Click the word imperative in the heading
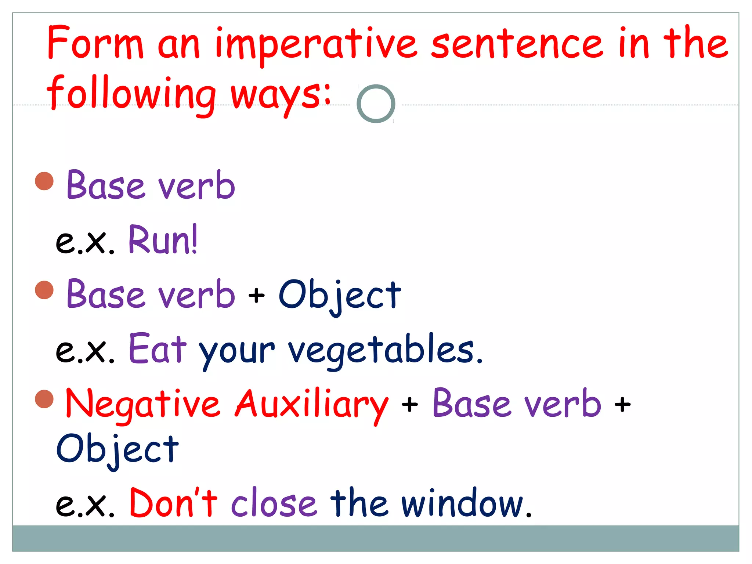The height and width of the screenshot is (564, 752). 316,44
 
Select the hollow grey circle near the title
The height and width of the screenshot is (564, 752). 376,104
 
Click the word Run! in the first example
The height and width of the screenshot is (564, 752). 163,241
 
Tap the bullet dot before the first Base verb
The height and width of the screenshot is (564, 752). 44,181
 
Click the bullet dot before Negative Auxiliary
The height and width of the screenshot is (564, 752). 44,399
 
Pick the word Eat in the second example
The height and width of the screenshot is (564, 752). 158,349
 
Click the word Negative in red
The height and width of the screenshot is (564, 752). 143,404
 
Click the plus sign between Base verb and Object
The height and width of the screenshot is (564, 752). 256,296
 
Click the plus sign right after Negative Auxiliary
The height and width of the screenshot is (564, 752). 409,405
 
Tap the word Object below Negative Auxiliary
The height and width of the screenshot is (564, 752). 117,450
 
